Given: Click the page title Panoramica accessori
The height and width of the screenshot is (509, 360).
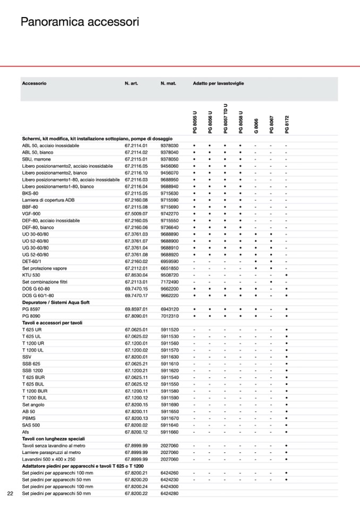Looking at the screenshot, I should [x=80, y=22].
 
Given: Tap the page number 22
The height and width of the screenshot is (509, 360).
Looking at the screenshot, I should [x=10, y=494].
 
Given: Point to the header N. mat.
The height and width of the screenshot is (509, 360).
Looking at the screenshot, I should [x=168, y=84].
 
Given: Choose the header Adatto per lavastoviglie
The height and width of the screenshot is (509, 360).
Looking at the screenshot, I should [x=218, y=84].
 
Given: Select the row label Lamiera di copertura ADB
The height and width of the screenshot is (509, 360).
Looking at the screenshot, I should [x=48, y=200].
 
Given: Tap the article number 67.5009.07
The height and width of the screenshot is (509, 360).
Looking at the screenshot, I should [x=136, y=213].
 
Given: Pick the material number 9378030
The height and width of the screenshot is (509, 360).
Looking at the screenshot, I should [x=169, y=145].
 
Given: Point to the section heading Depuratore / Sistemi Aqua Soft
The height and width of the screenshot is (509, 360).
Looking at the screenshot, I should [x=56, y=302].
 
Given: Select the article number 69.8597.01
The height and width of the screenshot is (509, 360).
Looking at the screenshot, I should [x=136, y=309].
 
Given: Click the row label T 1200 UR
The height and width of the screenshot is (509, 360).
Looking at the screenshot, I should [x=34, y=343].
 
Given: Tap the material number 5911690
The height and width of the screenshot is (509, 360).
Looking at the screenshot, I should [x=169, y=404].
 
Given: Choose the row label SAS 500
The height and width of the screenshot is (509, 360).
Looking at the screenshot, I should [x=31, y=425].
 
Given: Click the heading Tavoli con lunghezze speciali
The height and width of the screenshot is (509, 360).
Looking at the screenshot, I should [x=53, y=439].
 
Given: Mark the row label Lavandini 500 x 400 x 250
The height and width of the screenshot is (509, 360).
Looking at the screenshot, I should [x=49, y=459].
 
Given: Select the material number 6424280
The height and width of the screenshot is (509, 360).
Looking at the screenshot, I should [x=169, y=494].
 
